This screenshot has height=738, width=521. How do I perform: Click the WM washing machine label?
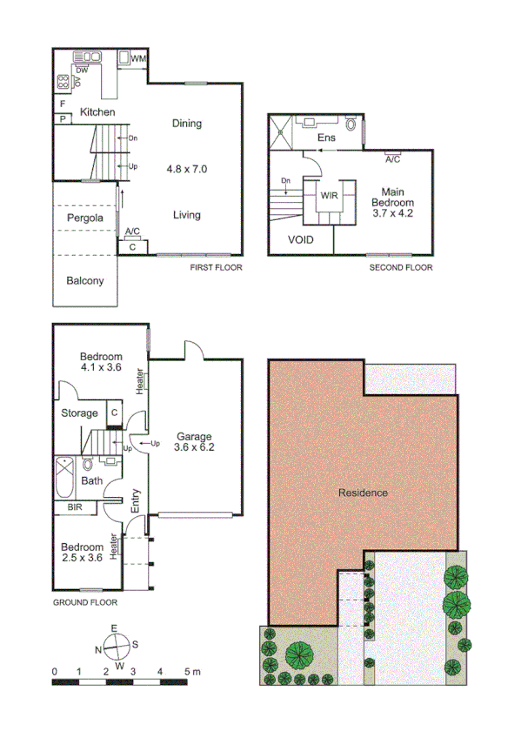pyautogui.click(x=138, y=58)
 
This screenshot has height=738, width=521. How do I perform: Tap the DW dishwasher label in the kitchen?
pyautogui.click(x=82, y=70)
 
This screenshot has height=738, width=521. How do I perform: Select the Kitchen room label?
pyautogui.click(x=97, y=112)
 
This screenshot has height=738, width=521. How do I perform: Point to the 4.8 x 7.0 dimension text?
pyautogui.click(x=187, y=167)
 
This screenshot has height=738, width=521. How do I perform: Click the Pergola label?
pyautogui.click(x=85, y=217)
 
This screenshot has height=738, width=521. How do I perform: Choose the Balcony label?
pyautogui.click(x=85, y=280)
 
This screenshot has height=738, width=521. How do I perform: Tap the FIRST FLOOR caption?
pyautogui.click(x=217, y=267)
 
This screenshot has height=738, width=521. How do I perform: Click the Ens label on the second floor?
pyautogui.click(x=326, y=138)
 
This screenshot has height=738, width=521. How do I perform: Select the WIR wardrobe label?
pyautogui.click(x=329, y=196)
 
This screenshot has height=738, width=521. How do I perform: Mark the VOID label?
pyautogui.click(x=299, y=239)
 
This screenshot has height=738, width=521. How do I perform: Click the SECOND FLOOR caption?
pyautogui.click(x=401, y=267)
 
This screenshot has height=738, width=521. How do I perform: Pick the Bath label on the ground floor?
pyautogui.click(x=91, y=480)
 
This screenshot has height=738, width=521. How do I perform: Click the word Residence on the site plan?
pyautogui.click(x=363, y=493)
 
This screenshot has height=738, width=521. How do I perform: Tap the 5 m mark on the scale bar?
pyautogui.click(x=190, y=672)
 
